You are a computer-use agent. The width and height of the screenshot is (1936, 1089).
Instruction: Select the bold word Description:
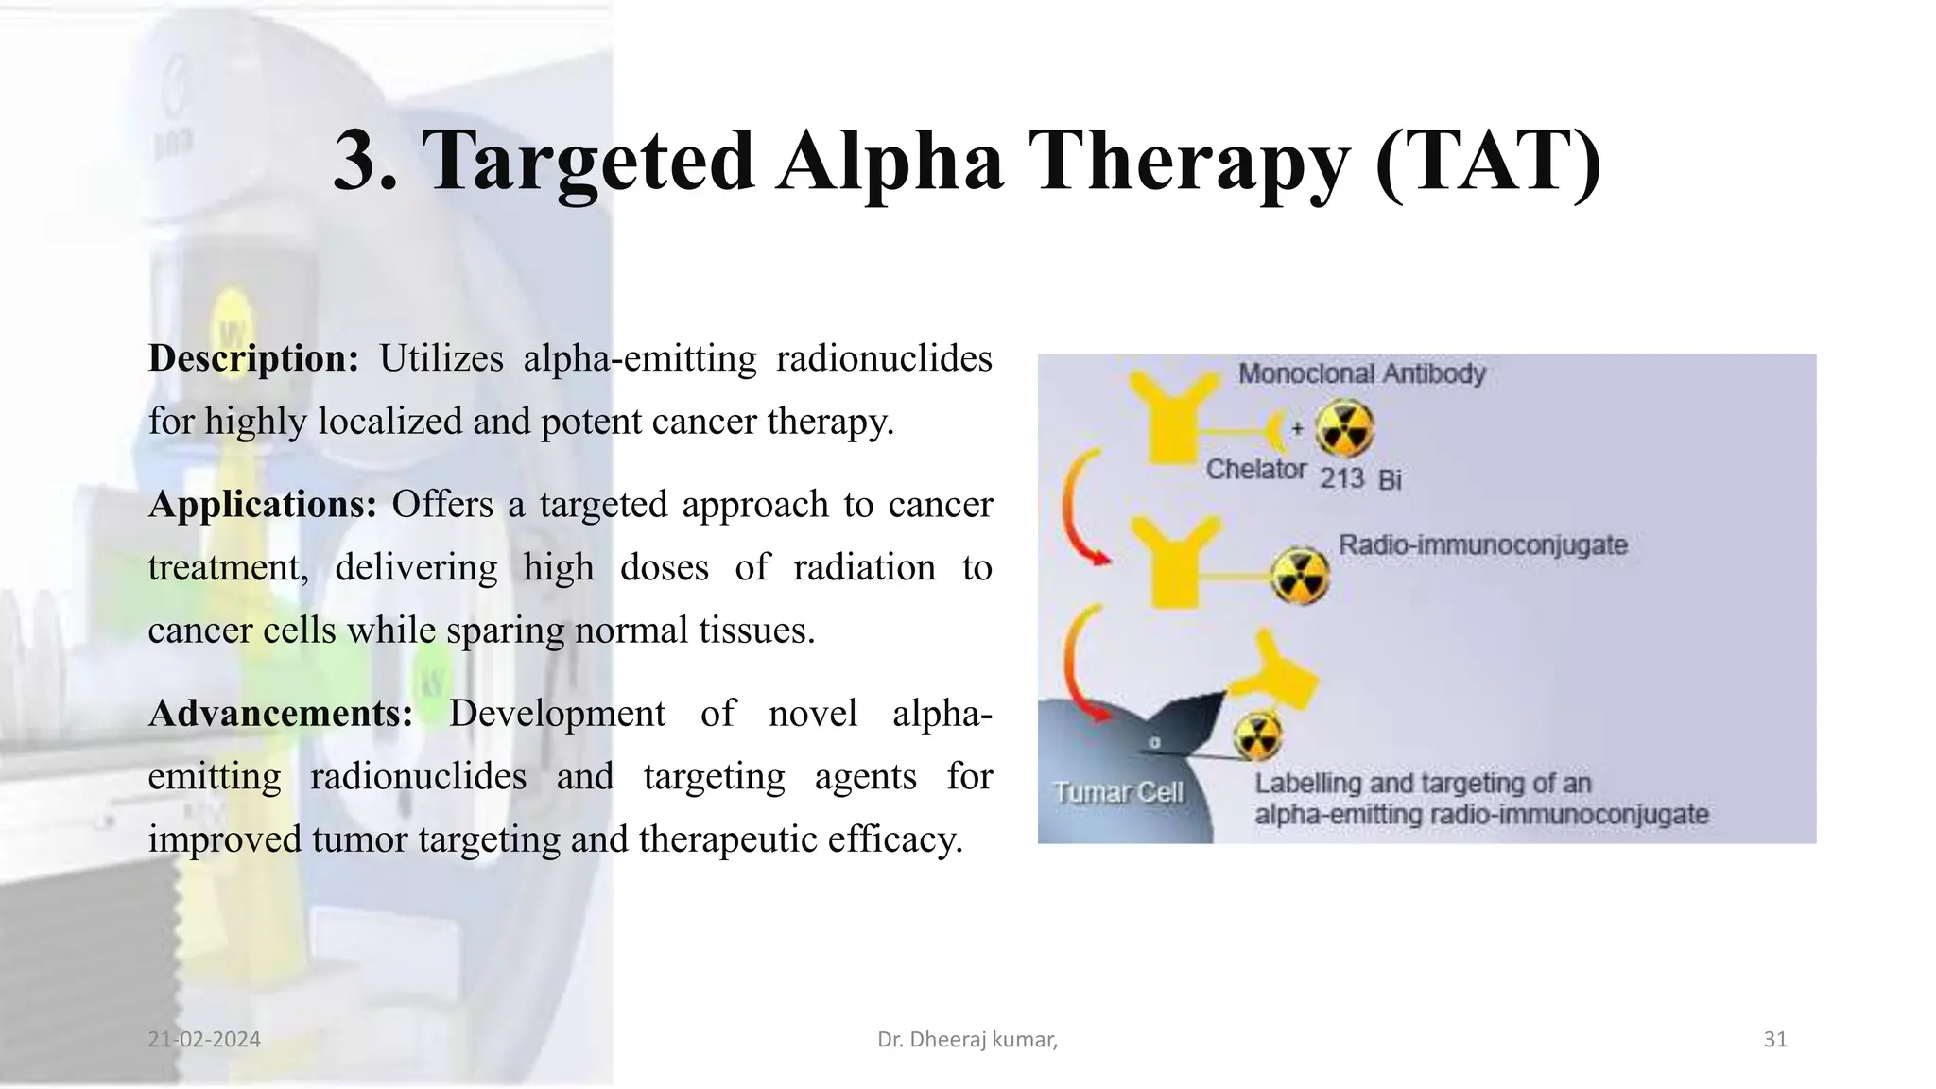click(x=253, y=359)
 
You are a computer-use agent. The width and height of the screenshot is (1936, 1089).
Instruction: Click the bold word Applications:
click(x=263, y=505)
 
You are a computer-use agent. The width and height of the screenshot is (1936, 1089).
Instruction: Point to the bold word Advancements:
click(x=281, y=714)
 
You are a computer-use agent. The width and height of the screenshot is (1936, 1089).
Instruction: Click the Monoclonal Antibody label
click(x=1361, y=374)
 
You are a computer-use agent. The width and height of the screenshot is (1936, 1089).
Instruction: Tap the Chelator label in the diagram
click(x=1255, y=470)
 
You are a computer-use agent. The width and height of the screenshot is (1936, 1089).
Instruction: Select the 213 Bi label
click(x=1359, y=479)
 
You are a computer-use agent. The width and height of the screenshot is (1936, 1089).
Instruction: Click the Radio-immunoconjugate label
click(x=1482, y=545)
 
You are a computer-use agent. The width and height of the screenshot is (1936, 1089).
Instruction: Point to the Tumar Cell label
click(x=1117, y=792)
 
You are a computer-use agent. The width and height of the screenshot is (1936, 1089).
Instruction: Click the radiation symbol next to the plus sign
click(x=1344, y=428)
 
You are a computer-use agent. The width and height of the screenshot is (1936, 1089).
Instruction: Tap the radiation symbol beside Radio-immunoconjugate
click(x=1300, y=577)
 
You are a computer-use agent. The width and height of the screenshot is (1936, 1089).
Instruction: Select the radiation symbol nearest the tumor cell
click(x=1257, y=736)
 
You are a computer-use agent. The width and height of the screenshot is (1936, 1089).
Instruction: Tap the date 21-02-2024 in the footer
click(x=204, y=1040)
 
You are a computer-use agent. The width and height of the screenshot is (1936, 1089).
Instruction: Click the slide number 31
click(x=1774, y=1040)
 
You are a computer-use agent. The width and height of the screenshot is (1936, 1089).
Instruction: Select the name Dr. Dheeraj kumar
click(x=966, y=1040)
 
